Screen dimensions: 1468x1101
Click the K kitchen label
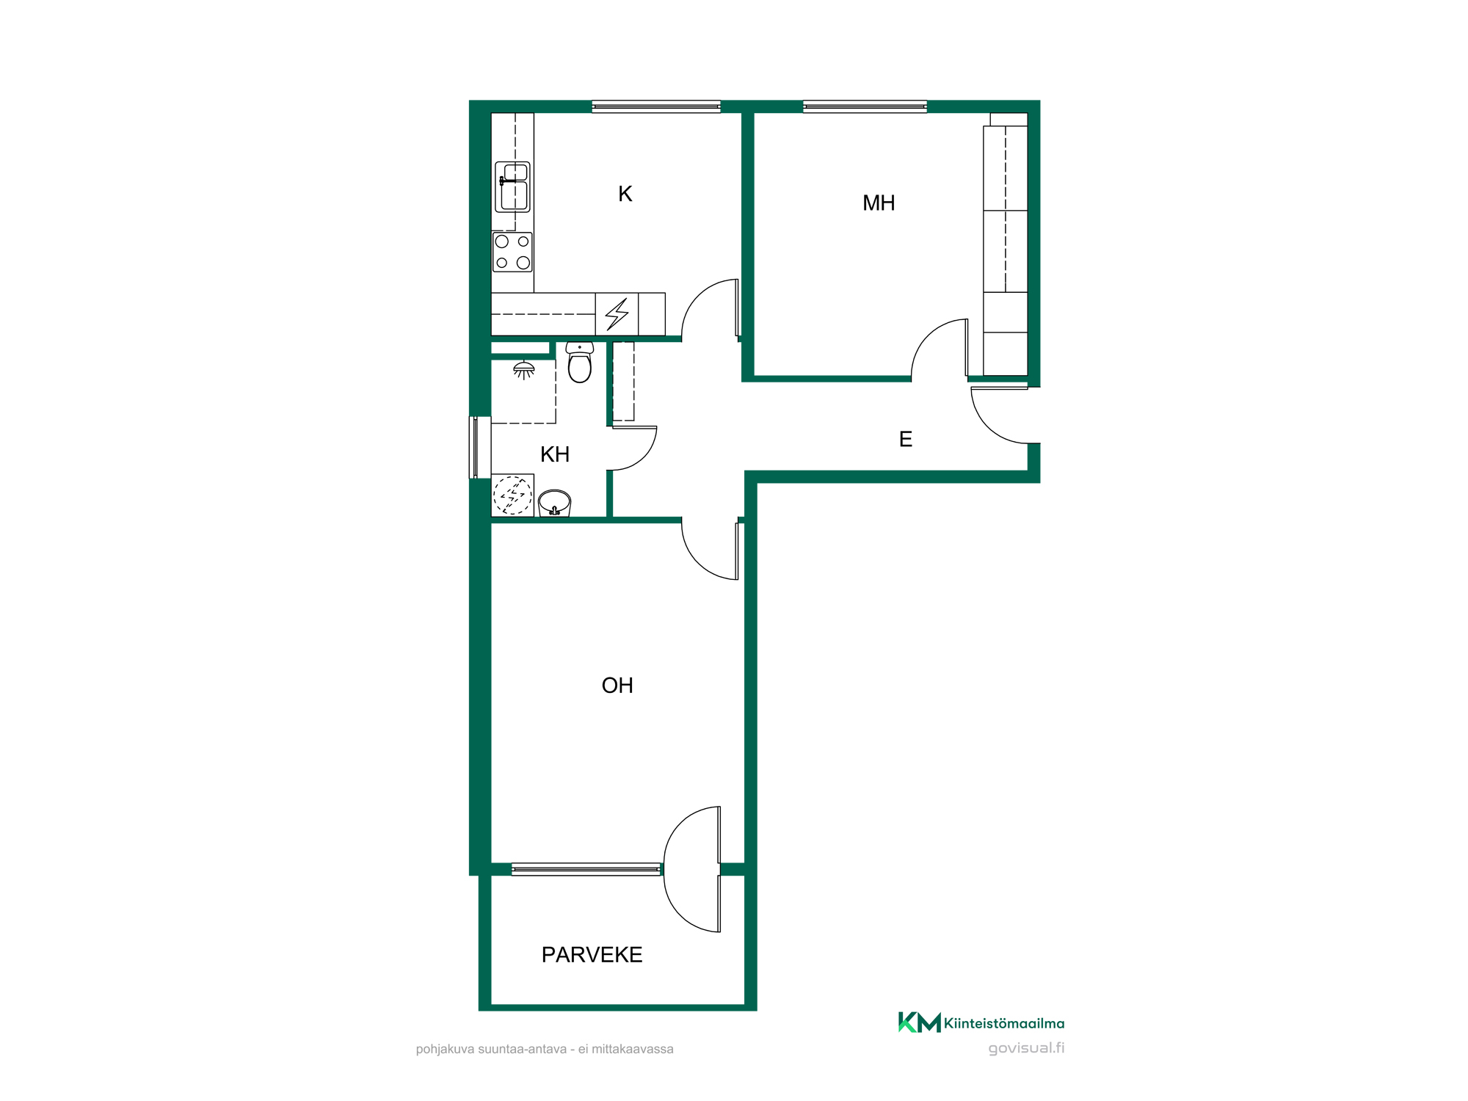pyautogui.click(x=625, y=194)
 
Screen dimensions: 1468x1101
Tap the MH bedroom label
pyautogui.click(x=879, y=203)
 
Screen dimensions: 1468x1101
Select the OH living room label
pyautogui.click(x=617, y=685)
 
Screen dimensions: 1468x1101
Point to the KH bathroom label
pyautogui.click(x=555, y=454)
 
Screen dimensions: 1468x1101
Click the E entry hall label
pyautogui.click(x=906, y=439)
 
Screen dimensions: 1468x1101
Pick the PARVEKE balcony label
pyautogui.click(x=592, y=954)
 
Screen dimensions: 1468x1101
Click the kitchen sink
pyautogui.click(x=512, y=187)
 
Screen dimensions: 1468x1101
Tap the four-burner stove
pyautogui.click(x=512, y=252)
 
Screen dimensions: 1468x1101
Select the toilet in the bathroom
pyautogui.click(x=579, y=362)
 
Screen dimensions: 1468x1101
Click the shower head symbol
pyautogui.click(x=523, y=370)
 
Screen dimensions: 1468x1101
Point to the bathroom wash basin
pyautogui.click(x=554, y=504)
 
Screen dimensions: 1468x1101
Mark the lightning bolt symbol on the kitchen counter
pyautogui.click(x=617, y=313)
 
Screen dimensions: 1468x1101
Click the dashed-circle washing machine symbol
pyautogui.click(x=512, y=495)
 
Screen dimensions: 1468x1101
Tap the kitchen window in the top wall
pyautogui.click(x=656, y=106)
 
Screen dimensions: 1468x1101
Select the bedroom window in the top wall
pyautogui.click(x=865, y=106)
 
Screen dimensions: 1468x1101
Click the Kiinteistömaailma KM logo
pyautogui.click(x=981, y=1022)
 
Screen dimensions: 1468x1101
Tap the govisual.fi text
pyautogui.click(x=1026, y=1048)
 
